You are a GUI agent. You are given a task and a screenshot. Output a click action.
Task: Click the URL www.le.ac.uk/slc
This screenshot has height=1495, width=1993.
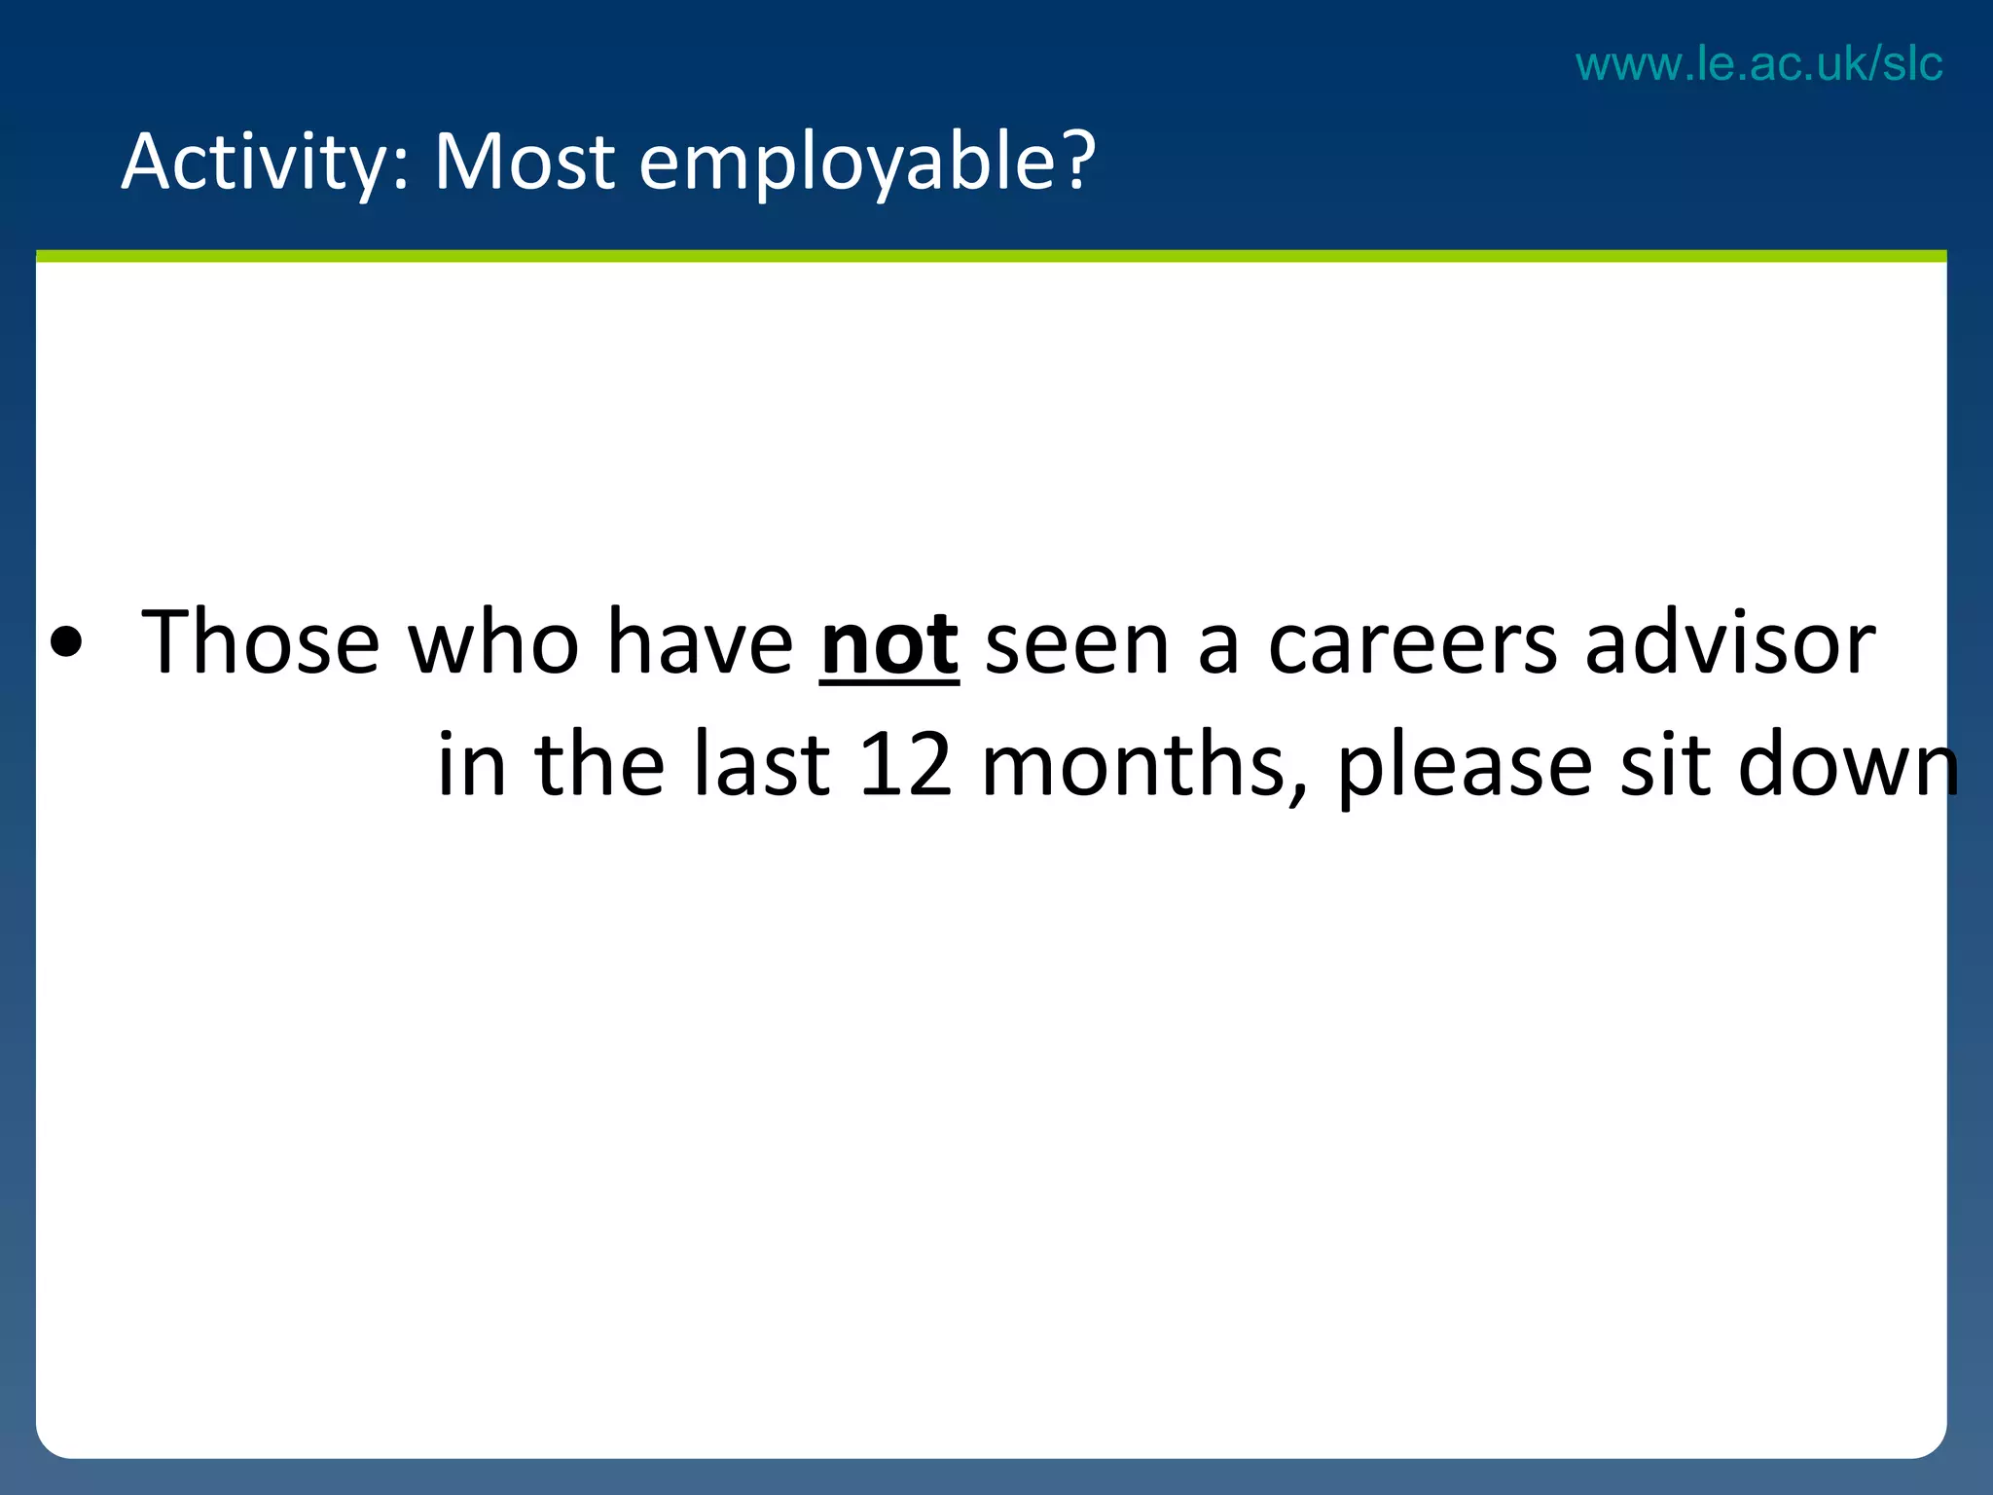click(x=1758, y=64)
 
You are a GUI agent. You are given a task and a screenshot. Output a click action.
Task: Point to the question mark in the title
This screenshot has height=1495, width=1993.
click(x=1076, y=160)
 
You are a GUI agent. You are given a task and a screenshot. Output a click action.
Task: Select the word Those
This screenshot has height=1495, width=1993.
click(x=260, y=642)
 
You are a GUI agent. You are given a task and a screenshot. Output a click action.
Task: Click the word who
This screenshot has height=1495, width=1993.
click(x=493, y=642)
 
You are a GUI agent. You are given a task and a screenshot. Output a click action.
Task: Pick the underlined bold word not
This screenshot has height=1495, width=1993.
click(x=889, y=644)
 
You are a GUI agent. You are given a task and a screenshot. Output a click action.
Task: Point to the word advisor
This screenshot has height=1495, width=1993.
click(x=1729, y=642)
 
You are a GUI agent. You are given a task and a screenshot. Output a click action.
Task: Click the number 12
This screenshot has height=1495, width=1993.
click(x=905, y=765)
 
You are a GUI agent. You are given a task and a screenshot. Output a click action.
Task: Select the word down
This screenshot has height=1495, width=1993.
click(x=1848, y=765)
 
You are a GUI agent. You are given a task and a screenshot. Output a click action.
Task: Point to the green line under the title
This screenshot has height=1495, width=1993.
click(x=991, y=256)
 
